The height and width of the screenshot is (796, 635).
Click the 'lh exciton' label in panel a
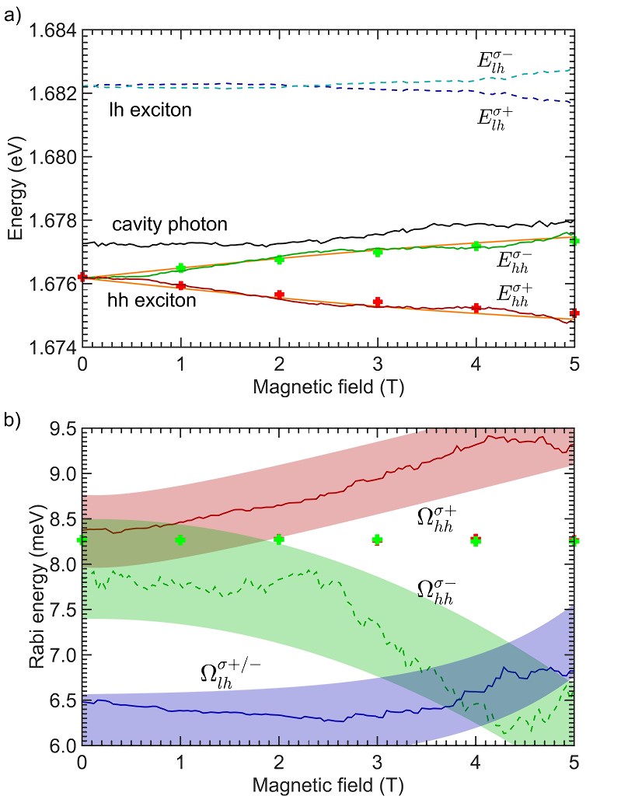(x=150, y=112)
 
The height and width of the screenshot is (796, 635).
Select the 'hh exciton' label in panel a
(x=152, y=300)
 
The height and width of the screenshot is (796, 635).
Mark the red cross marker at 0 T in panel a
(x=83, y=277)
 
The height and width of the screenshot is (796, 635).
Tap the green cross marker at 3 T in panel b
(x=378, y=539)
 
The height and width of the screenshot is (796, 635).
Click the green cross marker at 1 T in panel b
(x=181, y=539)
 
